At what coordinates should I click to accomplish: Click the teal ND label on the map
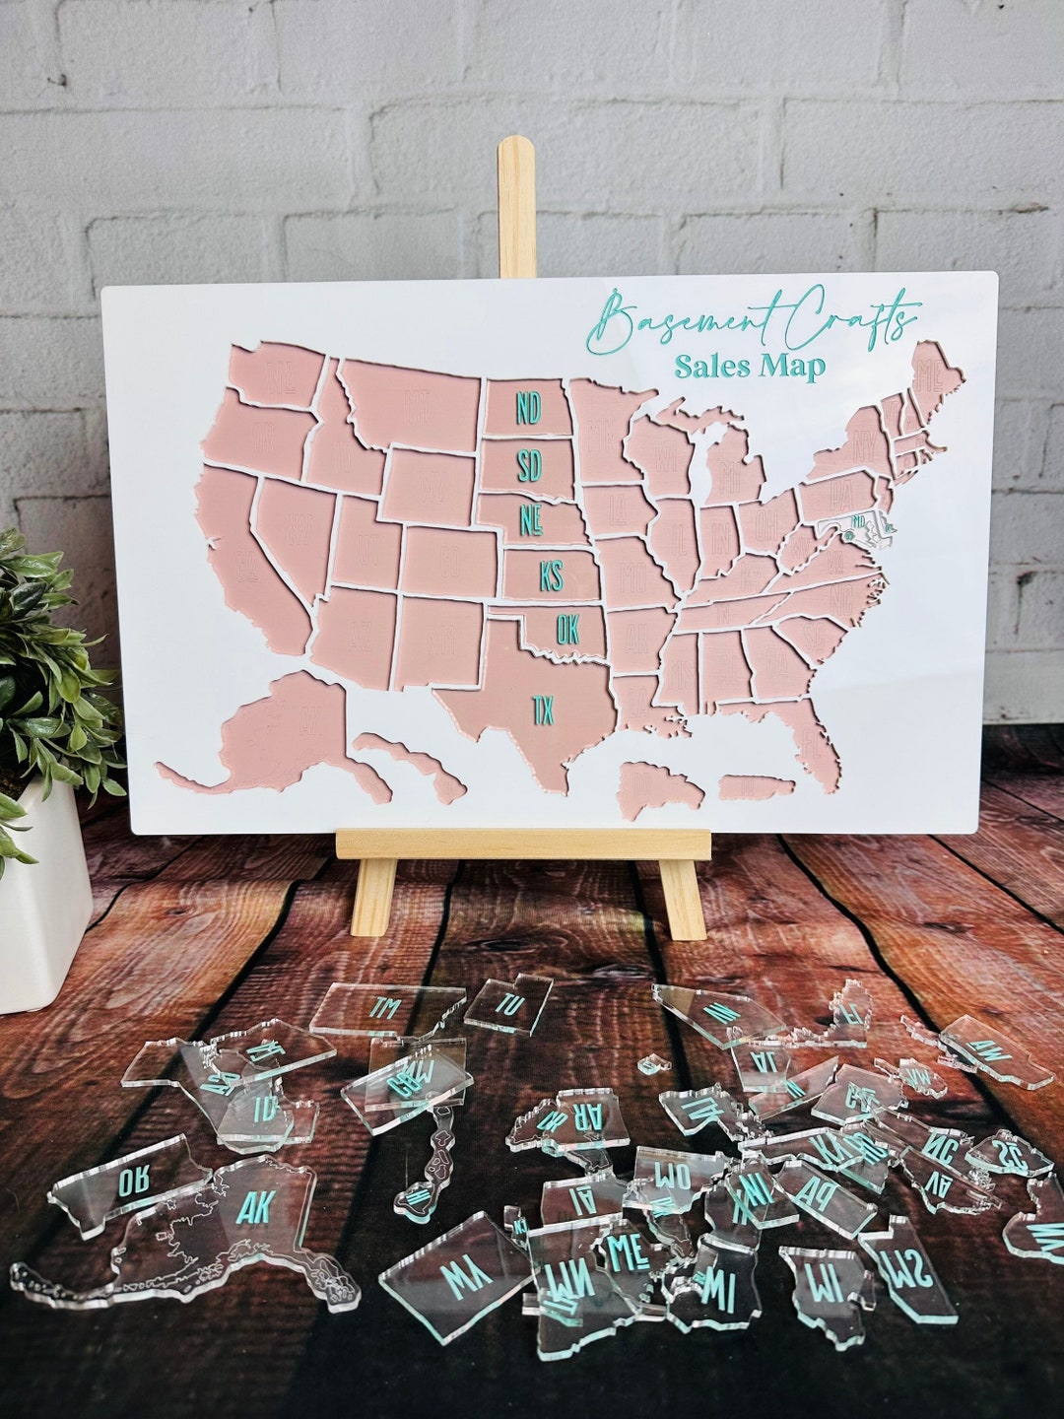click(x=529, y=407)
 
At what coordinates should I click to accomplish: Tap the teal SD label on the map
click(x=530, y=465)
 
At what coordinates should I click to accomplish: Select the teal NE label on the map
click(x=533, y=518)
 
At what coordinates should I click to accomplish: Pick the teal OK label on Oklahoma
click(x=567, y=629)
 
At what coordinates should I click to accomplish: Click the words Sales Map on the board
click(x=750, y=367)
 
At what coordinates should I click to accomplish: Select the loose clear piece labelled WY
click(x=453, y=1281)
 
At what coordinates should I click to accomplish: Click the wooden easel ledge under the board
click(x=522, y=845)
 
